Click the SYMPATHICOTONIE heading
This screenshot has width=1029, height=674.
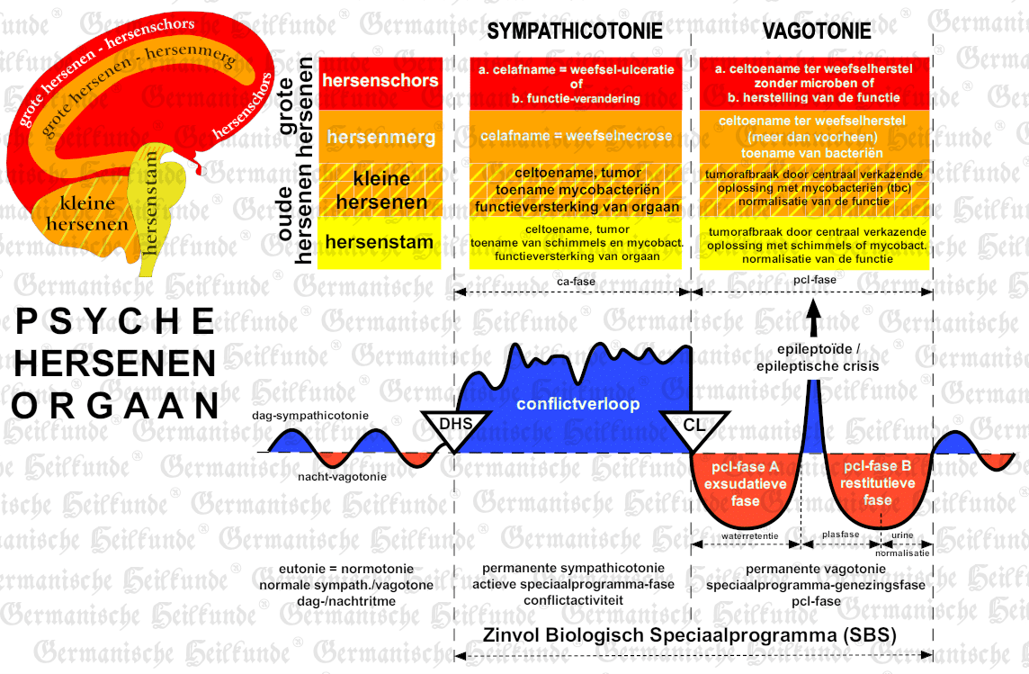point(575,31)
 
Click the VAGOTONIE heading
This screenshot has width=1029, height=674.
point(817,31)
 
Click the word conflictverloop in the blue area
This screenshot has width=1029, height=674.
point(578,404)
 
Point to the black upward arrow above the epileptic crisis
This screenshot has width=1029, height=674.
point(814,318)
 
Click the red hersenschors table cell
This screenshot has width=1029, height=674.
point(380,81)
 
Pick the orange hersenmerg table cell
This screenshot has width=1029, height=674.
point(380,137)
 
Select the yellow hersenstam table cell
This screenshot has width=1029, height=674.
point(380,242)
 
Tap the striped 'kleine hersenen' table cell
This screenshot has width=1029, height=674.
point(380,190)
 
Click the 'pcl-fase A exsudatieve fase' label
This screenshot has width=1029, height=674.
point(745,484)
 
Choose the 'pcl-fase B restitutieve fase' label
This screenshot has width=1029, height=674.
point(877,483)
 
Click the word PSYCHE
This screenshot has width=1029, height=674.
point(115,321)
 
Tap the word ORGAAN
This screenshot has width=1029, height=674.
point(115,406)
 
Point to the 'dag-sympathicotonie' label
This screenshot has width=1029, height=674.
point(310,416)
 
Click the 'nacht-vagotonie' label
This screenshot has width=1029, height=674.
point(342,476)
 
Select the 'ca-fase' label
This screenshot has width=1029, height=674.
point(577,281)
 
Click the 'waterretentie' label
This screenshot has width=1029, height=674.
point(749,536)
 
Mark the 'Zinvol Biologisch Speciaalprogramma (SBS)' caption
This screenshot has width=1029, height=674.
point(690,635)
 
